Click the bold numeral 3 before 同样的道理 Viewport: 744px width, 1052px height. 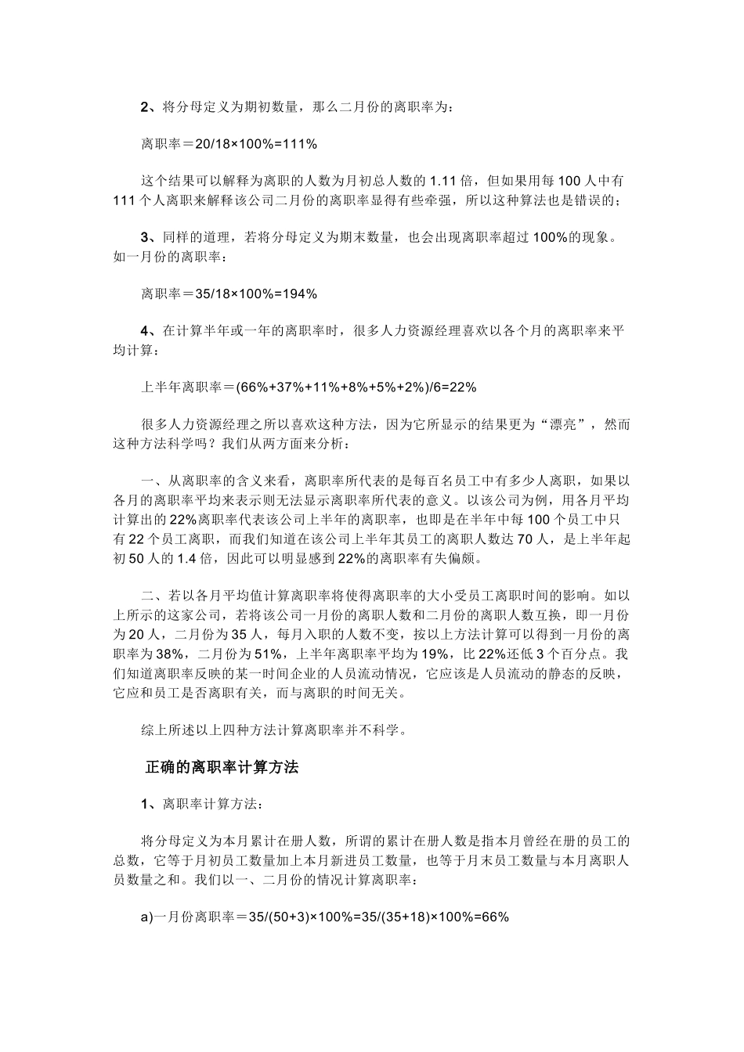click(x=146, y=237)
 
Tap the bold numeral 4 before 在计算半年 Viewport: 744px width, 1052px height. click(x=146, y=331)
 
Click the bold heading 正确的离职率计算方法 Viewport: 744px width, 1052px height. click(x=222, y=767)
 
